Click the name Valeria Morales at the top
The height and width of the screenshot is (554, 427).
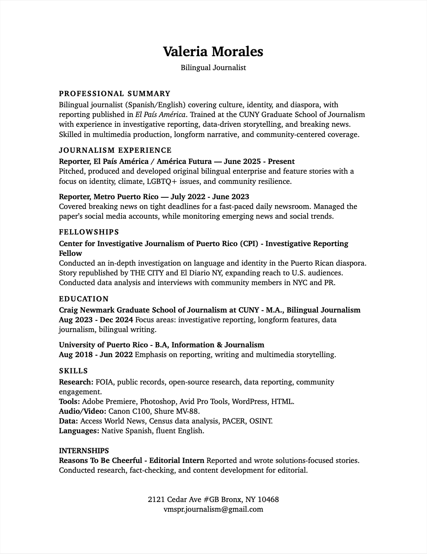213,52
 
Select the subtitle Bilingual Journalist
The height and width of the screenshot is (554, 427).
213,68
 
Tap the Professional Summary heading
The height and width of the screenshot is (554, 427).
115,94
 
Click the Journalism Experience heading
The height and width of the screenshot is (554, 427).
115,150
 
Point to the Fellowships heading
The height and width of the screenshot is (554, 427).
89,232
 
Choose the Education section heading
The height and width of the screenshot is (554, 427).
84,299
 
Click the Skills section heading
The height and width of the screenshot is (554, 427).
73,371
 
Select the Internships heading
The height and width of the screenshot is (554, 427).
84,451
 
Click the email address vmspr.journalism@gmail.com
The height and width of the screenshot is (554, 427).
213,509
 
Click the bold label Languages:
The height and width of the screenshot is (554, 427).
79,431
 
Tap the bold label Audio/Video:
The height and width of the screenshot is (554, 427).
83,411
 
